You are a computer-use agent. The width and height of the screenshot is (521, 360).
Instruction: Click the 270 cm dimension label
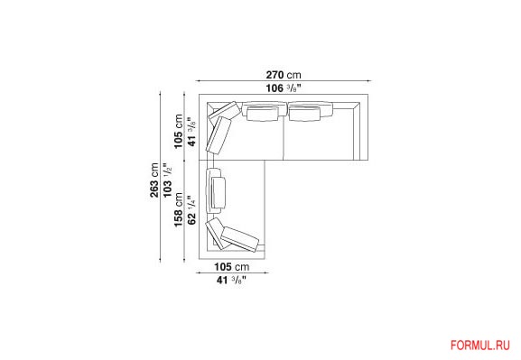point(284,75)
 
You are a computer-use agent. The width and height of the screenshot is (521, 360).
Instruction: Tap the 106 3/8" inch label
point(284,88)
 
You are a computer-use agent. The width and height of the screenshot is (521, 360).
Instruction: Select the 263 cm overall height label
point(154,180)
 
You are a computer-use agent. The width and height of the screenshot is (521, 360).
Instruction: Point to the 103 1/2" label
point(167,180)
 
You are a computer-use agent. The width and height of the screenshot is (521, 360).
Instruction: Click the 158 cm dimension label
point(178,209)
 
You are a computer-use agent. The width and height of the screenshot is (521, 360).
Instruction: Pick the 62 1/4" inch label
point(191,209)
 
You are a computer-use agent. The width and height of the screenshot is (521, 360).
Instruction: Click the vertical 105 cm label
point(178,132)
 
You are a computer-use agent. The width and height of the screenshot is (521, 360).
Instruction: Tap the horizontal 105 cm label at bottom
point(231,267)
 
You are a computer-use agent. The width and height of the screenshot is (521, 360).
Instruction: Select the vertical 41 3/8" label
point(191,132)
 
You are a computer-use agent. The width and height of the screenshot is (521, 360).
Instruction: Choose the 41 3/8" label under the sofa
point(231,280)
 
